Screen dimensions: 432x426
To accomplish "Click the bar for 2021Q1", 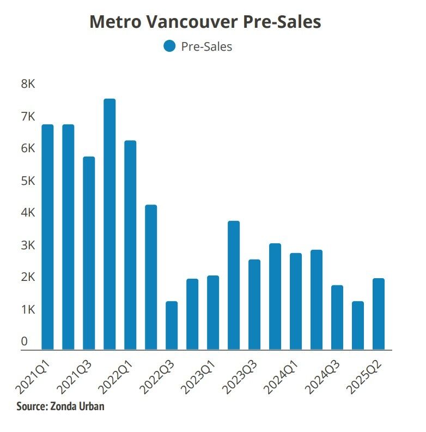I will pos(47,237).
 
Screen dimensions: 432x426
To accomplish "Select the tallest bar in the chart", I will pos(109,224).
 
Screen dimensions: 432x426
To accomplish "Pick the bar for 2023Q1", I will pos(213,313).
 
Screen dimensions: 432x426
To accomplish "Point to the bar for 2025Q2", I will pos(379,314).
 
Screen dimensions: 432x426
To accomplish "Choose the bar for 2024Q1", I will pos(296,301).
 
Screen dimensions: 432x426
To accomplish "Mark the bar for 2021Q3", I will pos(89,253).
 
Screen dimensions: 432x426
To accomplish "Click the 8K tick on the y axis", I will pos(28,85).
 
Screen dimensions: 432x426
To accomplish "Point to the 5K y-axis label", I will pos(28,181).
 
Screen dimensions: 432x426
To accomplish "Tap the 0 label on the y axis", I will pos(25,341).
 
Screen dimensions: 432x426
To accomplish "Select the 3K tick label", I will pos(28,245).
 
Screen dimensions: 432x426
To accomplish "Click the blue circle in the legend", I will pos(169,46).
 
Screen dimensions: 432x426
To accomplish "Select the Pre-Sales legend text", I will pos(206,47).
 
